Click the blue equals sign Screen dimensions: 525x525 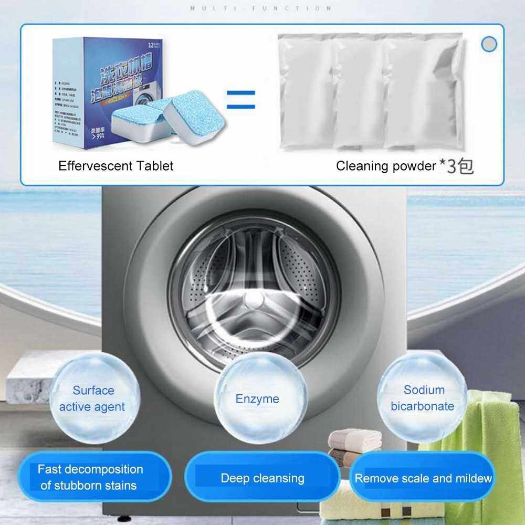[x=240, y=99]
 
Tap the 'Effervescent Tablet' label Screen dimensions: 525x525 [x=115, y=166]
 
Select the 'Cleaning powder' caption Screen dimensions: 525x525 [x=385, y=166]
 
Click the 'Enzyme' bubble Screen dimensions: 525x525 [x=257, y=398]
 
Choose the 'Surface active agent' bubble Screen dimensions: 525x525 [x=92, y=398]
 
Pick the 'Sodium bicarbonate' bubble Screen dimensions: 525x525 [x=423, y=398]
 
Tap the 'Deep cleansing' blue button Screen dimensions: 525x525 [x=262, y=478]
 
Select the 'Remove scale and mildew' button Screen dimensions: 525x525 [x=423, y=478]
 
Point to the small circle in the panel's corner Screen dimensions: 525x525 [x=489, y=44]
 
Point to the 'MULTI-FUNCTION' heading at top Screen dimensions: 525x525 [x=261, y=8]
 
